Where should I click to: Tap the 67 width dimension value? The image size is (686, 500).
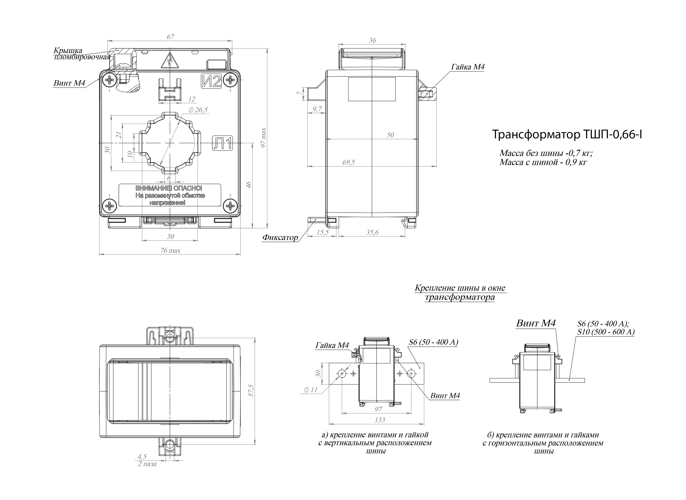coord(171,37)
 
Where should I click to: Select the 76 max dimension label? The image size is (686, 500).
coord(170,251)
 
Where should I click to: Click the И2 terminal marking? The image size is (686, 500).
coord(211,81)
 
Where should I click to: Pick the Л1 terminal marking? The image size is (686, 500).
coord(222,143)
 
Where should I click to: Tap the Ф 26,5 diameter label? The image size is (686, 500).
coord(198,110)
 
